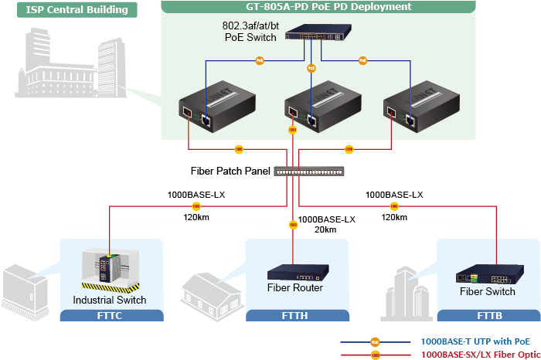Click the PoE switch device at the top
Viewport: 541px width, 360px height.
[317, 36]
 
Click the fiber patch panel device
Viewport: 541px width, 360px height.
[309, 171]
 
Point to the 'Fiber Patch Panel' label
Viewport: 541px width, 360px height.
[230, 171]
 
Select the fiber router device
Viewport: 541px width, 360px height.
[295, 273]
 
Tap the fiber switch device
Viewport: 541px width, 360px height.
[487, 277]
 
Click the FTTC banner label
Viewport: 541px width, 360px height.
[112, 315]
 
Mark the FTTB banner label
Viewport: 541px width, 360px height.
[488, 315]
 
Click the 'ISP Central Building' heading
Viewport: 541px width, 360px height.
[67, 10]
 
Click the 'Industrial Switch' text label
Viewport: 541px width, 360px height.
[109, 300]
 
